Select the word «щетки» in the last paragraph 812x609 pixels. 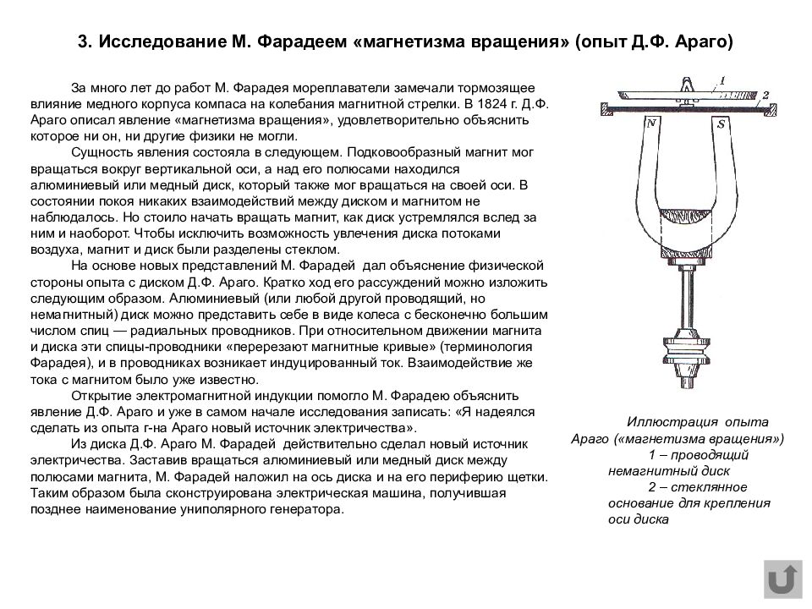click(x=529, y=477)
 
